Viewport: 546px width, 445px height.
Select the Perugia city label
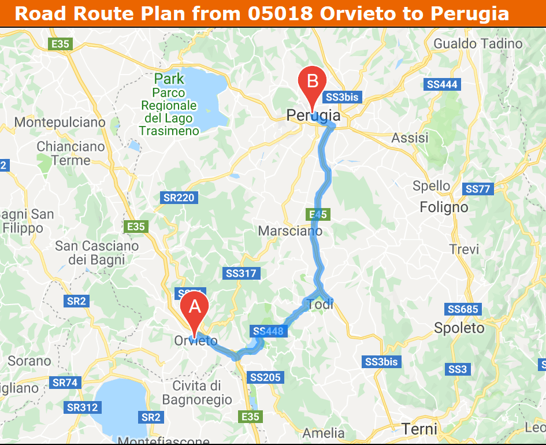point(313,117)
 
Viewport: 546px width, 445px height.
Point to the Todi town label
point(321,305)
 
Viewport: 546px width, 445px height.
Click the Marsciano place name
point(290,231)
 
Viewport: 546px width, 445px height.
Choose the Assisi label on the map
point(410,138)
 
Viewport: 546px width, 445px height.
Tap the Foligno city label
point(444,207)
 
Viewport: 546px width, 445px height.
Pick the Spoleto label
point(459,328)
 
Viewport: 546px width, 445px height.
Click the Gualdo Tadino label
point(478,44)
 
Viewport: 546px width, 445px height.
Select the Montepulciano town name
point(60,123)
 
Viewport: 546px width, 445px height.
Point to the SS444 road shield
point(442,85)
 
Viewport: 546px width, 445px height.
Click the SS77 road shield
point(478,189)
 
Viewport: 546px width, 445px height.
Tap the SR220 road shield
point(179,198)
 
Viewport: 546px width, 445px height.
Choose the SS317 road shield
point(241,273)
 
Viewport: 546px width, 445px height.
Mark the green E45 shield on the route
point(318,215)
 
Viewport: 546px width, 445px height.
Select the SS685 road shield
point(462,310)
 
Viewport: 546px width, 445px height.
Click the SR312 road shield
point(82,407)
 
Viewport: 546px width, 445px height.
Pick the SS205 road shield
point(266,378)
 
